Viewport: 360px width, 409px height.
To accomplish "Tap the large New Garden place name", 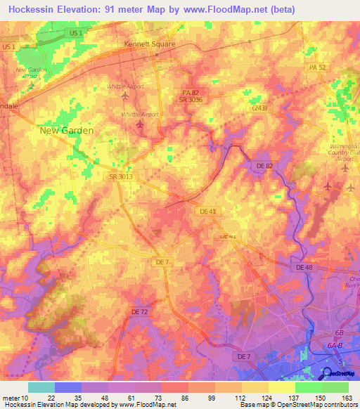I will (67, 130).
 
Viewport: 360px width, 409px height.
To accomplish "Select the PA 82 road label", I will (191, 92).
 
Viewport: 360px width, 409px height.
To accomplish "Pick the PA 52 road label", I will (319, 67).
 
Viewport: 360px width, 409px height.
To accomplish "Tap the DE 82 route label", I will (262, 164).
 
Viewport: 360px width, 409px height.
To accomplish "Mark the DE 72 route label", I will (140, 310).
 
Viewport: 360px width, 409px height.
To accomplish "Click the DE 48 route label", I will (304, 267).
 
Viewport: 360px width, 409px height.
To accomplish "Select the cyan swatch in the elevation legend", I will (41, 387).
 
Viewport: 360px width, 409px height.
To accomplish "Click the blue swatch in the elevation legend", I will (68, 387).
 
